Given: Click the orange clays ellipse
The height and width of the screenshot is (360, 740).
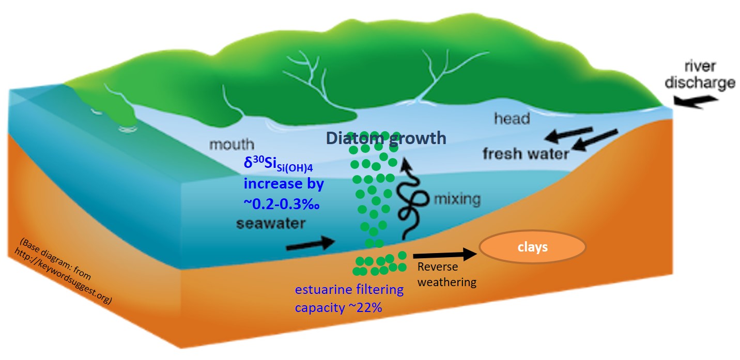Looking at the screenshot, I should point(533,247).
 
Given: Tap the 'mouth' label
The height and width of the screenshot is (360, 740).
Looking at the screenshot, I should point(232,144).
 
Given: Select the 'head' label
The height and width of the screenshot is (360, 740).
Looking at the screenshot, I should point(512,119).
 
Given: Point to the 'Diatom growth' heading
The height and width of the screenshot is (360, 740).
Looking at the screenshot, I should point(386,138).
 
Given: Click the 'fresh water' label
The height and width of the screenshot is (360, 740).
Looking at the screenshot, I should point(526,153).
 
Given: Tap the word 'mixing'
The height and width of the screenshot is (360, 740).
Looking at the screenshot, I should point(457,198).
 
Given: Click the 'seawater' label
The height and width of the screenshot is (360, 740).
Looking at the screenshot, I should point(270,224).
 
